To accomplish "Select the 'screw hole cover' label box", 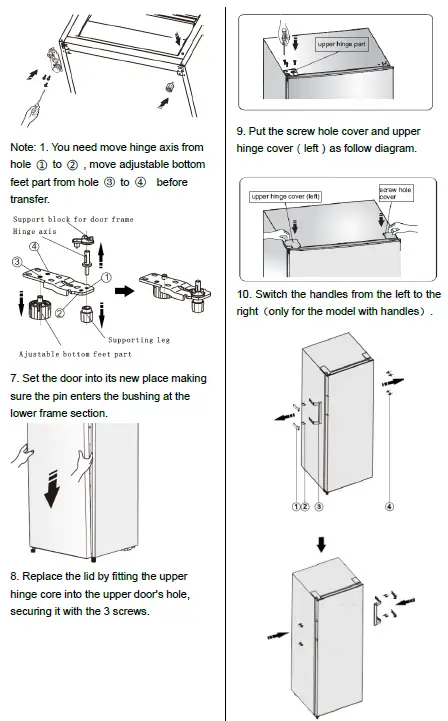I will [x=395, y=192].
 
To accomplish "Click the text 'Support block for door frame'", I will [x=72, y=219].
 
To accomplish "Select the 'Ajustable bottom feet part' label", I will [x=75, y=354].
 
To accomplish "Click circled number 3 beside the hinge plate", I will [x=16, y=262].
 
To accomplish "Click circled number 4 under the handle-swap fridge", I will [x=388, y=507].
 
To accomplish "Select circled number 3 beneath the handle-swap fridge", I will [x=319, y=507].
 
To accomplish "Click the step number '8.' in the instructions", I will [x=14, y=577].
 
